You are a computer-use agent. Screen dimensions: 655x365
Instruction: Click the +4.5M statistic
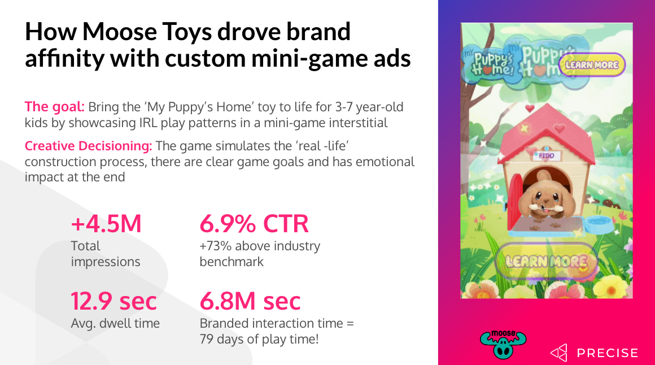[x=106, y=224]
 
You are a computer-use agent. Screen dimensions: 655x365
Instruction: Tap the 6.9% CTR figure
[x=254, y=224]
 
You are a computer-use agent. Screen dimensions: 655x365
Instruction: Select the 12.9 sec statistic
[x=113, y=301]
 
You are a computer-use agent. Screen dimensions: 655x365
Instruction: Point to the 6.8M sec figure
[x=250, y=301]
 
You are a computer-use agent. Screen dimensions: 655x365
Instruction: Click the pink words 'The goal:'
[x=54, y=107]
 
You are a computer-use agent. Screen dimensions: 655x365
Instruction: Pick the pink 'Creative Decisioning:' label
[x=88, y=146]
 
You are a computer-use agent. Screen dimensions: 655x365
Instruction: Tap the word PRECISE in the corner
[x=608, y=353]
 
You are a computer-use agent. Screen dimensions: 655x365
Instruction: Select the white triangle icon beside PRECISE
[x=559, y=353]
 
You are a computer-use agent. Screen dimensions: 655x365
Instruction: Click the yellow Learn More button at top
[x=592, y=65]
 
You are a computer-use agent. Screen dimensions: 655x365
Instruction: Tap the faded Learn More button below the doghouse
[x=547, y=262]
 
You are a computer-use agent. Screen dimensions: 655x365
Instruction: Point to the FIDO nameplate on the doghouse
[x=547, y=156]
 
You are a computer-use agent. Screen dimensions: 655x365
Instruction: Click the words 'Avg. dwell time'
[x=115, y=323]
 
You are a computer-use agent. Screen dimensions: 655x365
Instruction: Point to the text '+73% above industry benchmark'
[x=260, y=254]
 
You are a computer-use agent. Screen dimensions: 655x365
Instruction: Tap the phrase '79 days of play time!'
[x=259, y=339]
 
